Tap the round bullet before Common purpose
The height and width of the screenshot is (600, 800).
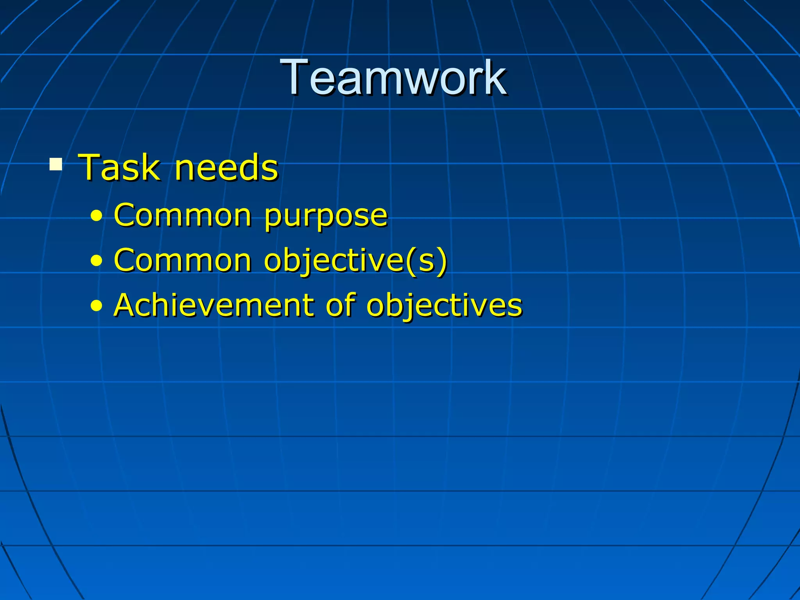[x=96, y=216]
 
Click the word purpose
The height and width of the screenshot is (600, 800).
[x=325, y=217]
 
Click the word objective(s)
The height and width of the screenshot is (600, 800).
[x=355, y=261]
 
